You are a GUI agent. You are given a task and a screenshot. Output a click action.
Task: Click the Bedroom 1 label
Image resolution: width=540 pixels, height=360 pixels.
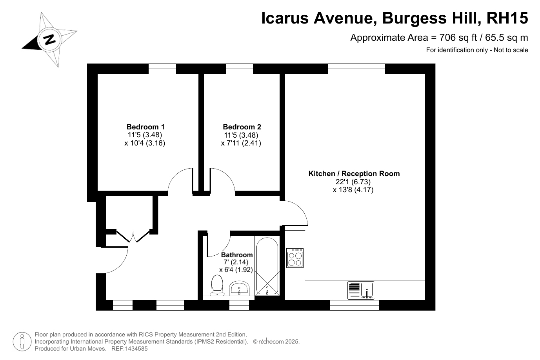[x=145, y=127]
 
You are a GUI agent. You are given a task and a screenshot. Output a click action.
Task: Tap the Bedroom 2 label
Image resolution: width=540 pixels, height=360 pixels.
[x=242, y=127]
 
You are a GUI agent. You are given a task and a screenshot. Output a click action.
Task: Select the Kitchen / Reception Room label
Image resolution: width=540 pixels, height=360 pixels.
[x=354, y=174]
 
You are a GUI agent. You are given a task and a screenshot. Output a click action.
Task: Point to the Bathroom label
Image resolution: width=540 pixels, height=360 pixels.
[x=237, y=255]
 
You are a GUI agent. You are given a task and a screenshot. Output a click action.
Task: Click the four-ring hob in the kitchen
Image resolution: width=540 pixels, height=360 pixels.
[x=295, y=258]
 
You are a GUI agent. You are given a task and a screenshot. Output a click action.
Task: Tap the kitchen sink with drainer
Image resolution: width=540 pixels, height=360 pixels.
[x=361, y=290]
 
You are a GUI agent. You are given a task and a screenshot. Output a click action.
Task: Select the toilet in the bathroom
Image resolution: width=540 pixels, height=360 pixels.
[x=217, y=285]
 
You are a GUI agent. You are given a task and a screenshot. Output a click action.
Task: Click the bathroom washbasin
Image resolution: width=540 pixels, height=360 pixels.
[x=239, y=288]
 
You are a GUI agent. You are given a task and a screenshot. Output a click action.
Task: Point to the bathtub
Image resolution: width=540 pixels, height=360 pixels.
[x=267, y=266]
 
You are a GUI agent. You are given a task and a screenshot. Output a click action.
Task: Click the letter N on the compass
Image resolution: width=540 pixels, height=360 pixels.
[x=50, y=39]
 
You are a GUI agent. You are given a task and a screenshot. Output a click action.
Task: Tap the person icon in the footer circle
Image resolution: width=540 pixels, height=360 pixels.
[x=22, y=342]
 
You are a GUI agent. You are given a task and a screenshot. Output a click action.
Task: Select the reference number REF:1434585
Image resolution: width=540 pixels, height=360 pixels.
[x=129, y=348]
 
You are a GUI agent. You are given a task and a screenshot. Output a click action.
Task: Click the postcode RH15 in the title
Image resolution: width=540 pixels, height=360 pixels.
[x=507, y=18]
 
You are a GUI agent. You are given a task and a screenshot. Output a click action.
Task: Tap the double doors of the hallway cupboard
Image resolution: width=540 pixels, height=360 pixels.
[x=133, y=236]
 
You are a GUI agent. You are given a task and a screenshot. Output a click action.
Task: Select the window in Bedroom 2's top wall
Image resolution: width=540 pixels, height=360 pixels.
[x=239, y=69]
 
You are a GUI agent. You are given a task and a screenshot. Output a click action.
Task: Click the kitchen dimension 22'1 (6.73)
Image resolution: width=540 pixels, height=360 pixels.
[x=353, y=182]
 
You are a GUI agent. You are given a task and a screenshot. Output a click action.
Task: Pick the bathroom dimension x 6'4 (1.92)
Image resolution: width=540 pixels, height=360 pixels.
[x=236, y=269]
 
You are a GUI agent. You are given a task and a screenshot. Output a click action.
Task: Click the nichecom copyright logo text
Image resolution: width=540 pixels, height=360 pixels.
[x=271, y=342]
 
